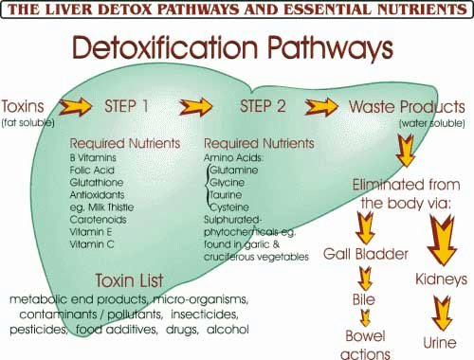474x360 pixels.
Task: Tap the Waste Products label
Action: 409,104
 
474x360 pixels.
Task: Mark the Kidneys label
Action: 440,280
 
